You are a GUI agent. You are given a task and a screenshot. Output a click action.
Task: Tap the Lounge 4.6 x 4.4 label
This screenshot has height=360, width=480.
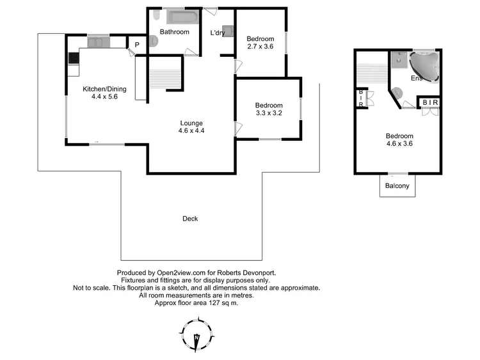[191, 127]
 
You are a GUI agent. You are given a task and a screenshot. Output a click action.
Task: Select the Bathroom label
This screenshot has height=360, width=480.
[174, 32]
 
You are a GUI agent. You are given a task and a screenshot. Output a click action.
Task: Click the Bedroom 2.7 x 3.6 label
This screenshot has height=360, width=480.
[260, 43]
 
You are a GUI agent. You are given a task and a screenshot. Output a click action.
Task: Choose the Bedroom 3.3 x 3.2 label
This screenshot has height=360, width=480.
[269, 109]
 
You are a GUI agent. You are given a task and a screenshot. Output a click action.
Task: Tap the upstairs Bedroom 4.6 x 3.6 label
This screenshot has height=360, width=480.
[399, 140]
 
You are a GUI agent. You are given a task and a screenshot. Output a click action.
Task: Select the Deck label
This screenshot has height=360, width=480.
[190, 219]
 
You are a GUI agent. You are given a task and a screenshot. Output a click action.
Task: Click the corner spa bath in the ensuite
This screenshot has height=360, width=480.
[424, 65]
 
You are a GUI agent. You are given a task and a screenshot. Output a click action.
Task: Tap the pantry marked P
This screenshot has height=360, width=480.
[136, 44]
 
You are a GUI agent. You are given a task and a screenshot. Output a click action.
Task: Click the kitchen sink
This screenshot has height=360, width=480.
[99, 42]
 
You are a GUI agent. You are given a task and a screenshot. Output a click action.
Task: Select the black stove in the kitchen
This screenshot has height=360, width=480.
[73, 57]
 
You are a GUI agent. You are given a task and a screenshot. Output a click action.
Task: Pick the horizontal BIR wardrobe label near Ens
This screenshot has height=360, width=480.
[429, 102]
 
